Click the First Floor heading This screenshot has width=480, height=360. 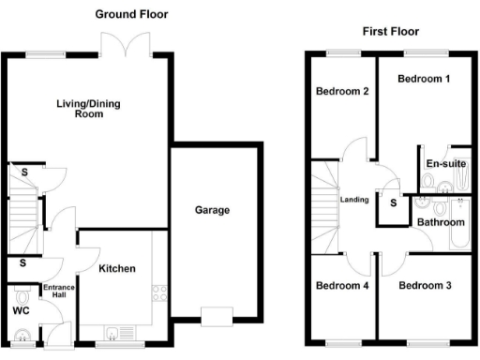point(388,32)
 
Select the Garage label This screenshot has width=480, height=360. point(212,210)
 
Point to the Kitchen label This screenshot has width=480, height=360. point(117,269)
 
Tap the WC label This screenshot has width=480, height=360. point(21,310)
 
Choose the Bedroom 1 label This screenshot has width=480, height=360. point(424,79)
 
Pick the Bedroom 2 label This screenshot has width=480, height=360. point(341,91)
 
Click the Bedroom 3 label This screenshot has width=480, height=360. point(425,285)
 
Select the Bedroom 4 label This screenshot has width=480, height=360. point(341,285)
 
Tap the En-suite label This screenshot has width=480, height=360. point(446,164)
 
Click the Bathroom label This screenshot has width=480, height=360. point(441,223)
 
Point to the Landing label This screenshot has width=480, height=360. point(354,200)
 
